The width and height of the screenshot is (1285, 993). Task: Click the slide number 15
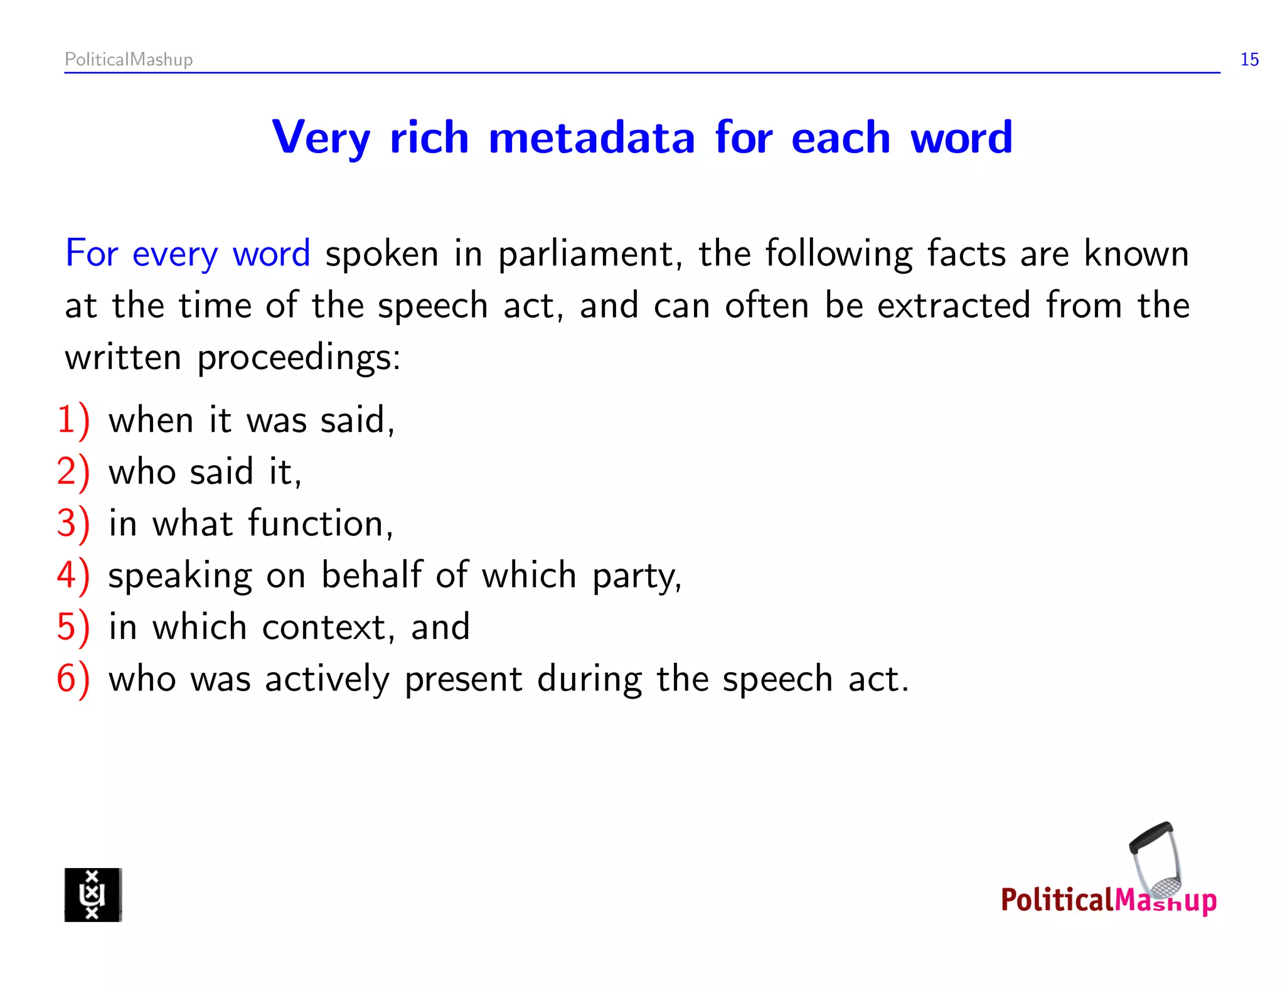pos(1249,60)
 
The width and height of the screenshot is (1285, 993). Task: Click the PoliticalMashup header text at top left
pos(129,60)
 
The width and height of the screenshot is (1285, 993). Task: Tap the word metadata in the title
pos(591,137)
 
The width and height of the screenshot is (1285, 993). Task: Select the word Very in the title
pos(321,137)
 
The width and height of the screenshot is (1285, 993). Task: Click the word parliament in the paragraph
pos(590,255)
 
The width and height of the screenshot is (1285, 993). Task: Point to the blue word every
pos(174,255)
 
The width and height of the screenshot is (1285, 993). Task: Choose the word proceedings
pos(298,358)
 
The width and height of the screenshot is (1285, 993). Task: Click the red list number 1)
pos(73,420)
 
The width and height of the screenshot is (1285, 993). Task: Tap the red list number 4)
pos(73,575)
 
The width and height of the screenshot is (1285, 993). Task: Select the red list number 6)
pos(73,679)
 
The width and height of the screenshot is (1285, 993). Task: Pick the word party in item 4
pos(636,576)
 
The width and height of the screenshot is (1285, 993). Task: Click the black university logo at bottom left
pos(93,894)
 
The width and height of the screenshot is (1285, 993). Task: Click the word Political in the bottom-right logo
pos(1057,900)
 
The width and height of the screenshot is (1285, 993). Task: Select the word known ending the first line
pos(1136,254)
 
